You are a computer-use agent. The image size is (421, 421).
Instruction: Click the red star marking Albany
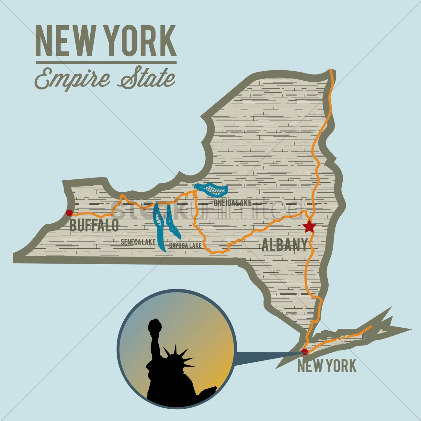[x=310, y=227]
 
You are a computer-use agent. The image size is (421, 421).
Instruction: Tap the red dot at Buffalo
[x=69, y=213]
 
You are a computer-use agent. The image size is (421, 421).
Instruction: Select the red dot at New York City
[x=304, y=352]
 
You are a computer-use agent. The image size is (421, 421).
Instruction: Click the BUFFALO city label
[x=94, y=225]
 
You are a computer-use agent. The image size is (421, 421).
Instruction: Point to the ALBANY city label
[x=284, y=245]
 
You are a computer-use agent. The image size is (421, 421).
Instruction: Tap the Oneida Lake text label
[x=232, y=203]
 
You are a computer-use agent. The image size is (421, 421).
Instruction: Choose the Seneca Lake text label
[x=138, y=242]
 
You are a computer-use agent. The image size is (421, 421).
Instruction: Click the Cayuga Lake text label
[x=185, y=245]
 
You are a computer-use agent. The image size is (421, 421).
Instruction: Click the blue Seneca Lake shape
[x=159, y=227]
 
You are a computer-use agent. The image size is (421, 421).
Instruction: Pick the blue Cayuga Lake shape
[x=171, y=223]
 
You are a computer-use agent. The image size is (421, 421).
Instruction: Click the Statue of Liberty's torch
[x=154, y=325]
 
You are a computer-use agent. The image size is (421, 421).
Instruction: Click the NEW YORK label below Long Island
[x=326, y=366]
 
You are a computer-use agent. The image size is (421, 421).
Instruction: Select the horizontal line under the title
[x=106, y=62]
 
